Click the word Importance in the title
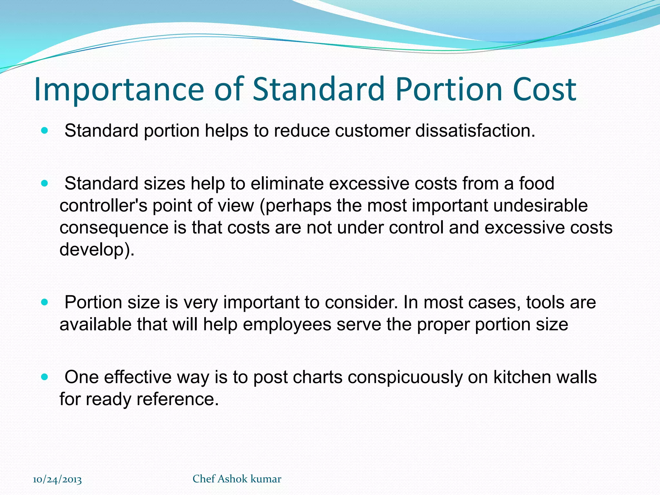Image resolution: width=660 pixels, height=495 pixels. click(x=119, y=89)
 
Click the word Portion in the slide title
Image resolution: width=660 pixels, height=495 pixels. click(x=448, y=89)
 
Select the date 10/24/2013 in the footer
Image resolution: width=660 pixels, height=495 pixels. click(x=57, y=480)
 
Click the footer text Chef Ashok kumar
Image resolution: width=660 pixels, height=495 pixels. click(x=237, y=479)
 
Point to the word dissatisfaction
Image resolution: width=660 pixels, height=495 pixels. click(x=475, y=131)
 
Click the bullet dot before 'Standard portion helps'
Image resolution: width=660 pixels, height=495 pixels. click(x=45, y=131)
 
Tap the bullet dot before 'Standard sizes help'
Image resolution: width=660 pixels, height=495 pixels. click(x=45, y=183)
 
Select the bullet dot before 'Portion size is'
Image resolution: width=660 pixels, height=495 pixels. click(x=45, y=302)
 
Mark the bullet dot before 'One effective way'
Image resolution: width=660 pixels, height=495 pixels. click(x=45, y=377)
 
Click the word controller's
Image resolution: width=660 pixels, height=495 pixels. click(x=103, y=206)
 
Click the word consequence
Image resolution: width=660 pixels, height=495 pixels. click(x=114, y=228)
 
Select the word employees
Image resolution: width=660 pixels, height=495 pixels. click(x=287, y=324)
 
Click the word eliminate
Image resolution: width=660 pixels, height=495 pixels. click(x=287, y=183)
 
